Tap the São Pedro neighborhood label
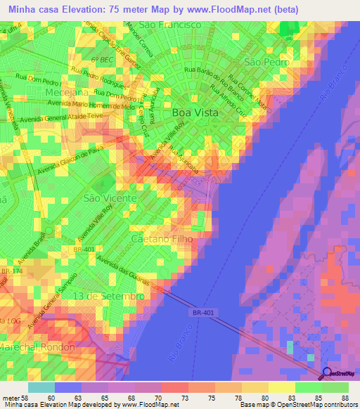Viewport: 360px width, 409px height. click(263, 62)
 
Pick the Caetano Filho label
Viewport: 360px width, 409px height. click(162, 239)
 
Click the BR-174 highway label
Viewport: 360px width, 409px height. click(11, 270)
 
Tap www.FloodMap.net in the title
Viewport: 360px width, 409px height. click(219, 9)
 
